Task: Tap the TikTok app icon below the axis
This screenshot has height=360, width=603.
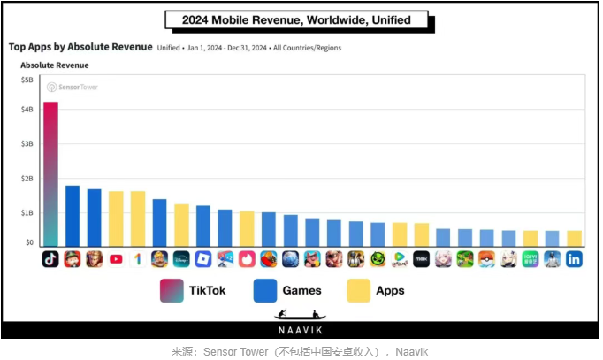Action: point(50,259)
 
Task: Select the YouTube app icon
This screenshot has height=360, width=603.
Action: point(116,259)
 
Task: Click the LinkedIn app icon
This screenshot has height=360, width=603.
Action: point(574,259)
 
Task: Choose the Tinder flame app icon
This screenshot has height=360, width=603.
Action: point(247,259)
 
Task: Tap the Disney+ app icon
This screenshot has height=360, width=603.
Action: point(181,259)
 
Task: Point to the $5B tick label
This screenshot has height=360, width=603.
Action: point(27,80)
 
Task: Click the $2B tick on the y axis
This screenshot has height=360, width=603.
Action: point(27,179)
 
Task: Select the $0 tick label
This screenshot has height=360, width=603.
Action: point(29,241)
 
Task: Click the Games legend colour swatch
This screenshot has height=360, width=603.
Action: point(264,290)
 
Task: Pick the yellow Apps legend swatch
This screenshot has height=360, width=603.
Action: point(358,290)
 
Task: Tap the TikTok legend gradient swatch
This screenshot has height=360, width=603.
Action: point(172,290)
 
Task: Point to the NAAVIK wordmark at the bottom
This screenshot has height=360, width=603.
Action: point(301,328)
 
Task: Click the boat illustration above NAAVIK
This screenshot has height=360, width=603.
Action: point(301,314)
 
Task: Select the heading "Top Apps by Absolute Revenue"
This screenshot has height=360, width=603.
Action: point(80,47)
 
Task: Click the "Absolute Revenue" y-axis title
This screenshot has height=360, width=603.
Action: point(55,65)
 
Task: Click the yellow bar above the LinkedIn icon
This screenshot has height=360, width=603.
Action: point(574,238)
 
